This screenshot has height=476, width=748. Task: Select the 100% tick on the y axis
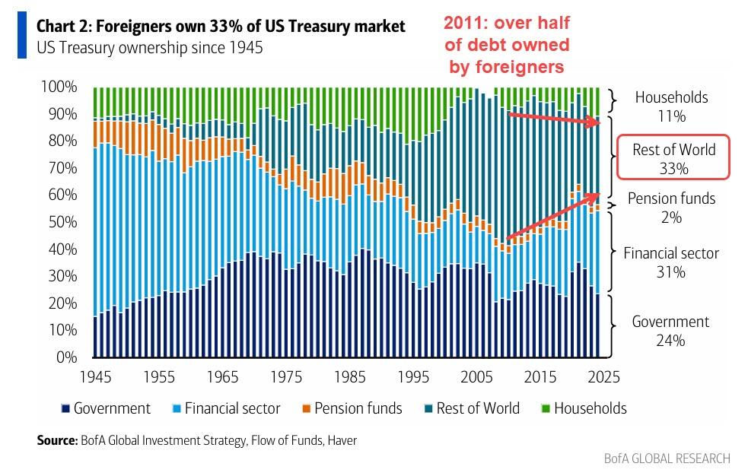pos(59,87)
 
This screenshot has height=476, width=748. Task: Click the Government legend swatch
pos(67,409)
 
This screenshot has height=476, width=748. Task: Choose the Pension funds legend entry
pos(354,408)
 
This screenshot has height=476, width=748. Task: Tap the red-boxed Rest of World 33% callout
pos(673,158)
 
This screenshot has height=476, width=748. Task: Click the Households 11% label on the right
pos(672,106)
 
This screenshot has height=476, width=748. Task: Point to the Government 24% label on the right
pos(670,331)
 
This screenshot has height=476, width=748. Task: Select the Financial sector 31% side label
pos(670,262)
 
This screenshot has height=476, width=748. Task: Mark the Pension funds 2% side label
pos(671,208)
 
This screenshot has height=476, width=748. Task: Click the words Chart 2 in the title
pos(65,27)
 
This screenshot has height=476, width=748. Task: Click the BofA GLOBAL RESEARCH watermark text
pos(667,458)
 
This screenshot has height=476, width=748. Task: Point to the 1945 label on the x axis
pos(96,376)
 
